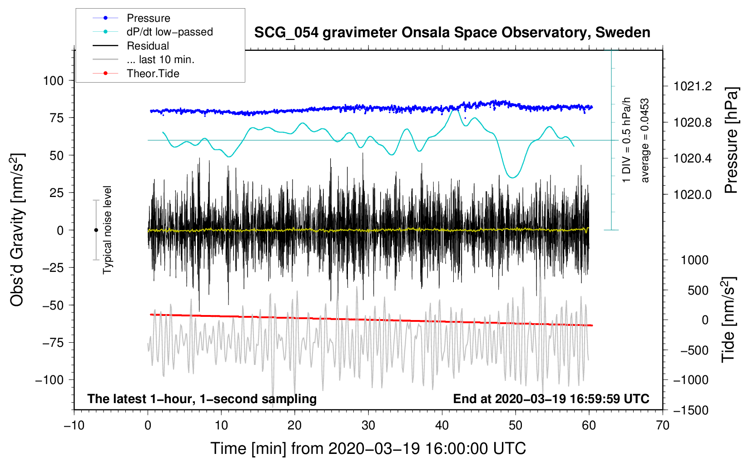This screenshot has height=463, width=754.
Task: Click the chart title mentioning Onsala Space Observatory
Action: click(x=452, y=33)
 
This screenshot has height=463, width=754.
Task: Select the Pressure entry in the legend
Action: click(x=148, y=18)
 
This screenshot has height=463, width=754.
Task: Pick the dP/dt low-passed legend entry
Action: click(x=169, y=32)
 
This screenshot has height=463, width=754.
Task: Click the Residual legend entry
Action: click(x=148, y=46)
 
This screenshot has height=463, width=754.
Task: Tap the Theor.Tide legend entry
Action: click(x=153, y=74)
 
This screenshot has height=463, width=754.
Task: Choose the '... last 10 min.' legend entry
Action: click(x=160, y=59)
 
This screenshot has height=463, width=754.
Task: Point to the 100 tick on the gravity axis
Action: click(x=53, y=81)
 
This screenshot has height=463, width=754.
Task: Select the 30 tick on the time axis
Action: click(x=368, y=425)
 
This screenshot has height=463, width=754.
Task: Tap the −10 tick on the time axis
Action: click(x=74, y=425)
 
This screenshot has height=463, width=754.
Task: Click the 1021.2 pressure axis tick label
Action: click(x=693, y=86)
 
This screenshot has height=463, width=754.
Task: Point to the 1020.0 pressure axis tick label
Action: click(x=693, y=195)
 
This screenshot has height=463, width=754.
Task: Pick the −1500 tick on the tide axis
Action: click(x=691, y=410)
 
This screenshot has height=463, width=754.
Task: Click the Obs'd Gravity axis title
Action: click(x=17, y=230)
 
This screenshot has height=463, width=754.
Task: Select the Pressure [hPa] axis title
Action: click(x=731, y=141)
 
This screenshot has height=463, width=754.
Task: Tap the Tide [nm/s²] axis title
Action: click(x=729, y=320)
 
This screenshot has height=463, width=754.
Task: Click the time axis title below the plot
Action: click(x=368, y=448)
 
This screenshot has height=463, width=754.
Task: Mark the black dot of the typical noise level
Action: click(x=96, y=230)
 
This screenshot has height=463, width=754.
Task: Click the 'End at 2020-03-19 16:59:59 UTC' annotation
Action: click(x=551, y=399)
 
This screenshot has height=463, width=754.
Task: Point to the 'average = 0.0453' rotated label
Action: click(x=645, y=141)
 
